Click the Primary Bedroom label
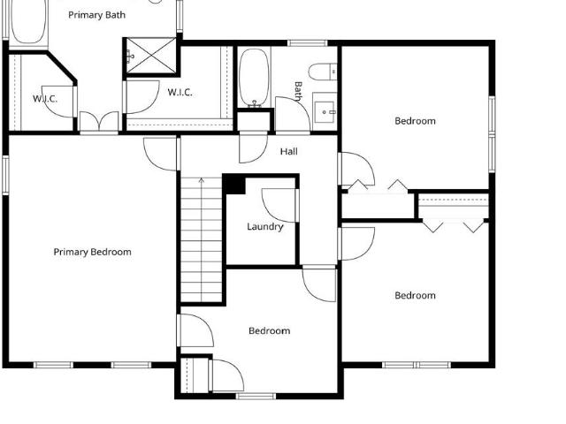tap(92, 252)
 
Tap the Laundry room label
tap(265, 227)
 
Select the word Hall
tap(289, 151)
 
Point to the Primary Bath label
tap(96, 15)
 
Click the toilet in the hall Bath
tap(322, 72)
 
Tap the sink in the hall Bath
tap(325, 112)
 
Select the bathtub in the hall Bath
tap(254, 78)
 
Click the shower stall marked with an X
tap(152, 57)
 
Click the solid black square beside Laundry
tap(234, 185)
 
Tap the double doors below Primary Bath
tap(99, 121)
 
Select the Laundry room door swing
tap(279, 205)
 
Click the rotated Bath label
tap(298, 91)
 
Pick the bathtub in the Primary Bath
tap(28, 22)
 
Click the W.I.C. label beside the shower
tap(180, 93)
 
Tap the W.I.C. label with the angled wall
tap(45, 99)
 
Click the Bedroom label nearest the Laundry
tap(269, 331)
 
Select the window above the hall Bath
tap(308, 43)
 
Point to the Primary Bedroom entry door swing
tap(160, 155)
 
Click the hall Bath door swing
tap(293, 114)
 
